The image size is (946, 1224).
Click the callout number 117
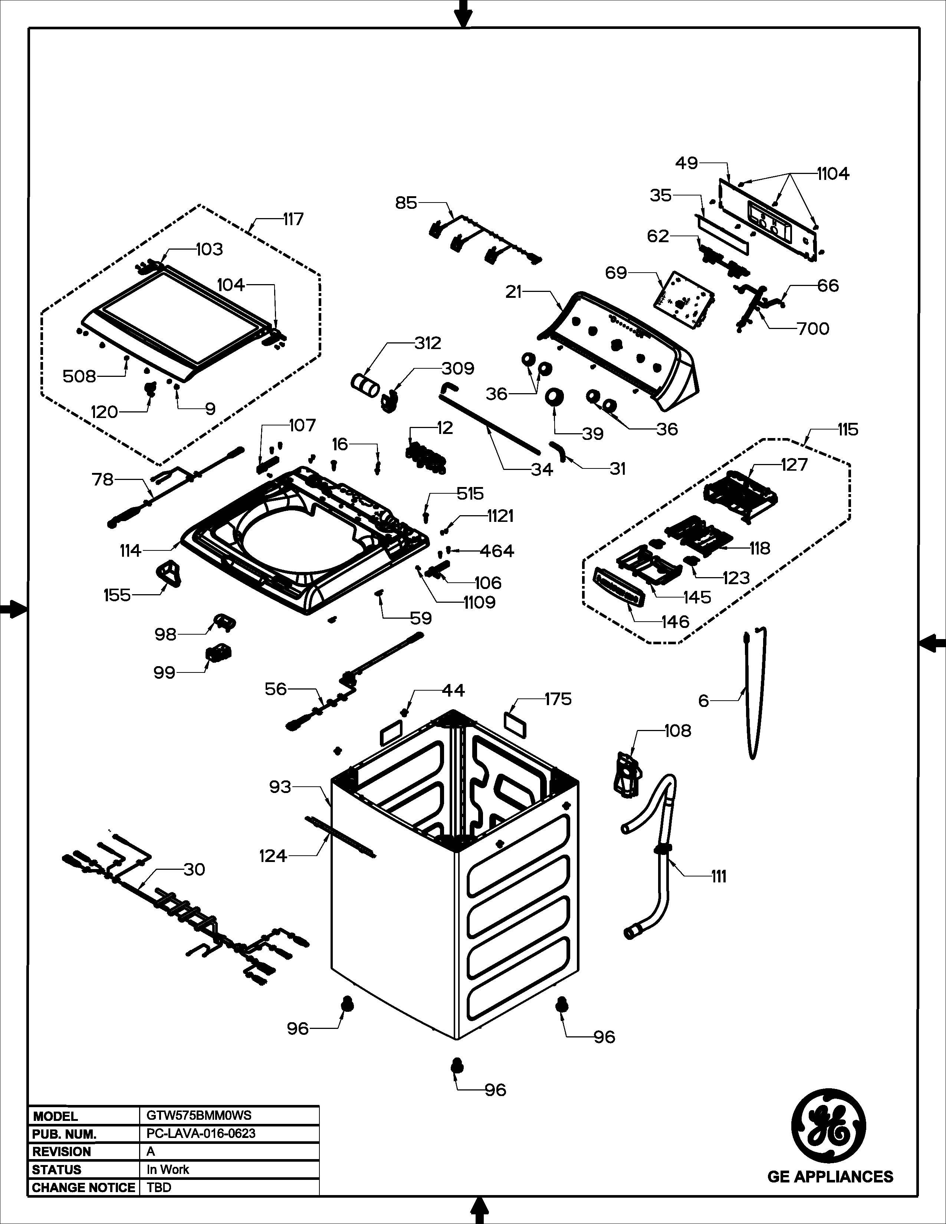point(293,219)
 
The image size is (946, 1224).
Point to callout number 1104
point(833,174)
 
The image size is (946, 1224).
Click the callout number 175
point(558,699)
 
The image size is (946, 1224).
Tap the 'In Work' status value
point(168,1169)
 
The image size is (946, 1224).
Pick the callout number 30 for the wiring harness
point(194,869)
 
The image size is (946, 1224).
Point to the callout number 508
point(79,376)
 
